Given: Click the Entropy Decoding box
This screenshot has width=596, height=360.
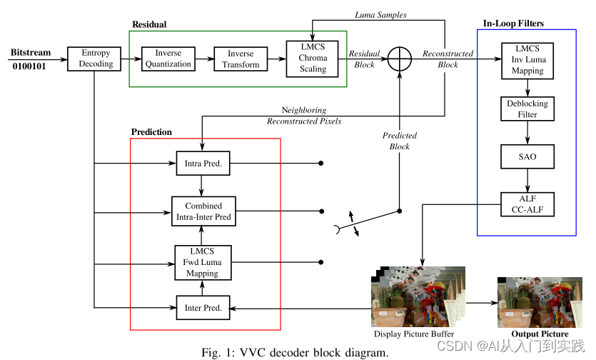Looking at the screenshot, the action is (x=94, y=59).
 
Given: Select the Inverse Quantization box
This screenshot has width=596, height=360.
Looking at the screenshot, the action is (x=168, y=59).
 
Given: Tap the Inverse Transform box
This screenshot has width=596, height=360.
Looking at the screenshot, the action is (x=241, y=59).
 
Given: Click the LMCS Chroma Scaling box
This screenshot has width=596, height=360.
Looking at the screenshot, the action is (x=313, y=59).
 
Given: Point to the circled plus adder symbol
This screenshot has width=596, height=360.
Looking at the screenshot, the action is (x=400, y=59).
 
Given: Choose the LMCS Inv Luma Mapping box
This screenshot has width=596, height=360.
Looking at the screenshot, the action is (x=527, y=61).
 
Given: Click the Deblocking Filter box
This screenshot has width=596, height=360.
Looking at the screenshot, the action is (x=527, y=109).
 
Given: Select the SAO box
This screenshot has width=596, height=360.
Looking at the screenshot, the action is (x=527, y=156).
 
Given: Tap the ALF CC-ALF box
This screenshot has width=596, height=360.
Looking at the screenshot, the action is (x=527, y=204).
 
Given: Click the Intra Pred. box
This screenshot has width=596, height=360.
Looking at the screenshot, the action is (x=203, y=164).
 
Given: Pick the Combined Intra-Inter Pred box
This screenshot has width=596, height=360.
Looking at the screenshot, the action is (x=203, y=211).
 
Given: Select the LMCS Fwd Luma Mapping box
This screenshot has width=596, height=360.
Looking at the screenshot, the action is (x=203, y=263).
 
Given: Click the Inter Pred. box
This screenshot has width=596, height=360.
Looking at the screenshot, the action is (x=203, y=307).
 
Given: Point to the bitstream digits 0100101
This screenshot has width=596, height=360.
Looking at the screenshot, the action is (x=29, y=66).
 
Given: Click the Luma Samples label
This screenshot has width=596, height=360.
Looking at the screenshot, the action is (x=380, y=15).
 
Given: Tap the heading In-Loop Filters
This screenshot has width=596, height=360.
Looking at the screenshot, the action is (x=513, y=24).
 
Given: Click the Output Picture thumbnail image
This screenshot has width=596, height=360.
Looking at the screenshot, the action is (x=540, y=302).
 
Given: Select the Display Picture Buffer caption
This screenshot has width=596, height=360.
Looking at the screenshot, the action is (x=414, y=334).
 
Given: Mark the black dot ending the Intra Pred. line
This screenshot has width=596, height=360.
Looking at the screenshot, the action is (x=320, y=164).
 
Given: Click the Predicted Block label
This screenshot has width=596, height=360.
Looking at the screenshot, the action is (x=400, y=141).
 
